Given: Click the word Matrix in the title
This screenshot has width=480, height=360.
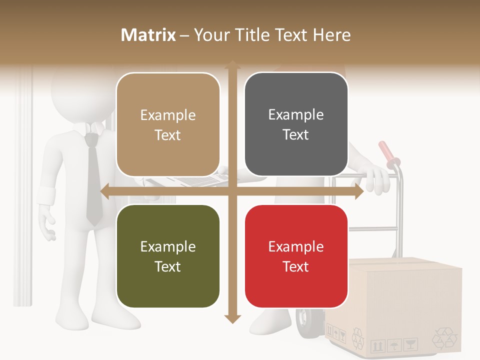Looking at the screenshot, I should tap(148, 35).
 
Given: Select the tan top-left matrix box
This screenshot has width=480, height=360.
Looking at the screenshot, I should tap(168, 124).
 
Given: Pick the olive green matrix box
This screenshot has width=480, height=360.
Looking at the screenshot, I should tap(168, 256).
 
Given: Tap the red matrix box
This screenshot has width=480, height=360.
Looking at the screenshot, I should tap(296, 256).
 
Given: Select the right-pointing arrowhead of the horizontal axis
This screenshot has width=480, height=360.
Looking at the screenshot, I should tap(358, 191).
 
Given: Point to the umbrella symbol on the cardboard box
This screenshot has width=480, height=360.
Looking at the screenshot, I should tap(394, 344).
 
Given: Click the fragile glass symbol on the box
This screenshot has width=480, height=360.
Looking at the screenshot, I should tap(410, 344).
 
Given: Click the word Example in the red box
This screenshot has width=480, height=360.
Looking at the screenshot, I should tap(296, 246).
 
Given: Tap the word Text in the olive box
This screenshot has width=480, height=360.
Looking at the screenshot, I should tap(168, 266).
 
